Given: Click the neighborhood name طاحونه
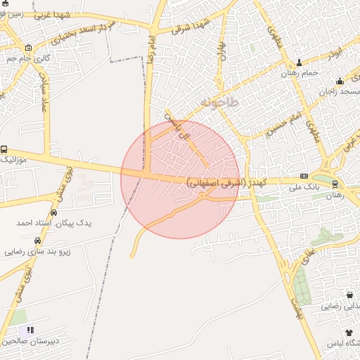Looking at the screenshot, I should [219, 103].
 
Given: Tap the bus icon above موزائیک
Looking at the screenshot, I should [4, 150].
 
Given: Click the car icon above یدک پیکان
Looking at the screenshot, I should [53, 212].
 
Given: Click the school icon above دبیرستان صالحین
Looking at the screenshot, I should [30, 329].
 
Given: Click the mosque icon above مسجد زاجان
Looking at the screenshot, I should [340, 82].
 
